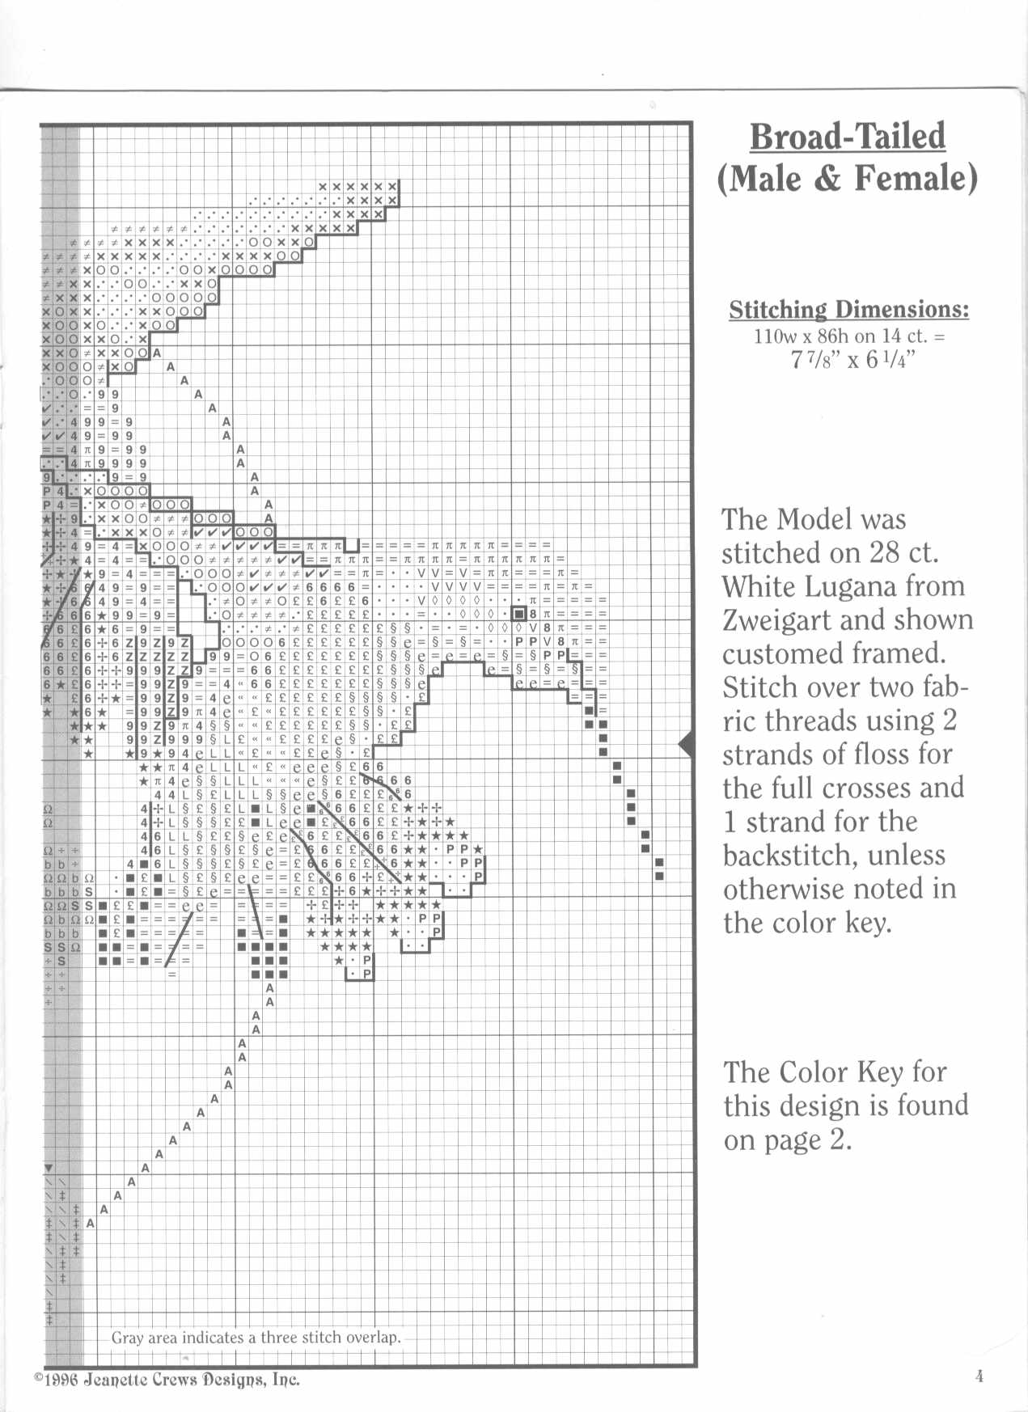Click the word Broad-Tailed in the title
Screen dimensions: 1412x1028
point(847,137)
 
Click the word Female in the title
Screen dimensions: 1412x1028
point(915,178)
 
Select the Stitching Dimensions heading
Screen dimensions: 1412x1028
point(848,310)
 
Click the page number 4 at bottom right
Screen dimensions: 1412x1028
point(979,1377)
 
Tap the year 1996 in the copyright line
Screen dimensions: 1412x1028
point(61,1380)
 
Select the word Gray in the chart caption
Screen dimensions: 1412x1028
point(127,1338)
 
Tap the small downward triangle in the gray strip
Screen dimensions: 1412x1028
point(49,1168)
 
